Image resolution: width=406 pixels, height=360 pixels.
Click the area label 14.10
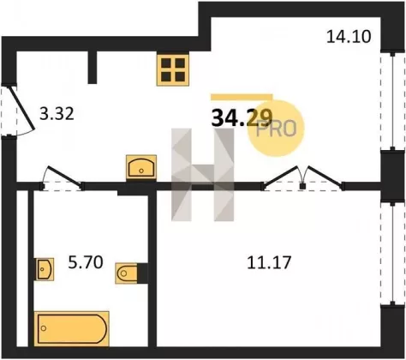(349, 37)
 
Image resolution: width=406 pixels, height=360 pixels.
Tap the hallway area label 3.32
(57, 114)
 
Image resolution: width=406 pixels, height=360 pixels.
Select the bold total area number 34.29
(242, 118)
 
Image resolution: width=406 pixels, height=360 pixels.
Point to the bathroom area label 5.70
(86, 262)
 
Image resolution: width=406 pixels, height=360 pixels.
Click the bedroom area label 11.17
(269, 262)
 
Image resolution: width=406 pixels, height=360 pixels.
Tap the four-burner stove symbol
(173, 69)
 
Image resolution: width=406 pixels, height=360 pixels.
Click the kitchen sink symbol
(141, 168)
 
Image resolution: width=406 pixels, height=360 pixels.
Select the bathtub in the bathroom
(72, 329)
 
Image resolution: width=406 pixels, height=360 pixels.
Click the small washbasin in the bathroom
(45, 269)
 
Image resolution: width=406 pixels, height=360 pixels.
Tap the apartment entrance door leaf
(23, 108)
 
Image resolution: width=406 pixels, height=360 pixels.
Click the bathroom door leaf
(64, 175)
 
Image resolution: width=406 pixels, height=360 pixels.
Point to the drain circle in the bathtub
(44, 328)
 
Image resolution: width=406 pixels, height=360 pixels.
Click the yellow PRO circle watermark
(276, 129)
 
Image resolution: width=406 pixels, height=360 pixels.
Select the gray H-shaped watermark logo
(203, 175)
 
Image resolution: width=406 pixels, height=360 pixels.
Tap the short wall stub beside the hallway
(93, 68)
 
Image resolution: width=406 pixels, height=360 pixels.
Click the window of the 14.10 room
(392, 101)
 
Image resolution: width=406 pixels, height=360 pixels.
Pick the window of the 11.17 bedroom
(392, 254)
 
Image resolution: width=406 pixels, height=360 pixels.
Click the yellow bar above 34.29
(242, 97)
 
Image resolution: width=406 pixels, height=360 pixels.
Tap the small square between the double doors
(302, 186)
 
